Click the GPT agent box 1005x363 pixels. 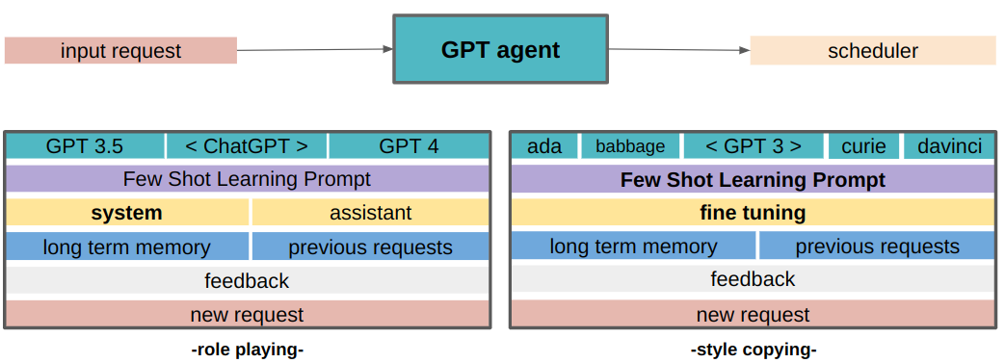click(500, 49)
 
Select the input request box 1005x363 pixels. click(120, 51)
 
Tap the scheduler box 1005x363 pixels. click(872, 51)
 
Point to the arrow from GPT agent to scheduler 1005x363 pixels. click(679, 50)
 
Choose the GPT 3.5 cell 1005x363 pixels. click(85, 146)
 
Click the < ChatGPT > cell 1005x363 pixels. click(247, 146)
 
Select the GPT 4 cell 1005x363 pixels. click(409, 146)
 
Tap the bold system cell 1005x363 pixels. click(127, 213)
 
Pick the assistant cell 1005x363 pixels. click(371, 213)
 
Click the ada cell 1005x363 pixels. click(544, 146)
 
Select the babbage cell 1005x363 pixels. click(630, 146)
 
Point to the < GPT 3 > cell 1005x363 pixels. click(754, 146)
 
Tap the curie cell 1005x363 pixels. click(863, 146)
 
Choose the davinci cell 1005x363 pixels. click(949, 146)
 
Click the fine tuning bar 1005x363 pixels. click(753, 213)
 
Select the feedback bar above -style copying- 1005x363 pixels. click(753, 279)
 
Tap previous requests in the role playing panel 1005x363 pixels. click(371, 246)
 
